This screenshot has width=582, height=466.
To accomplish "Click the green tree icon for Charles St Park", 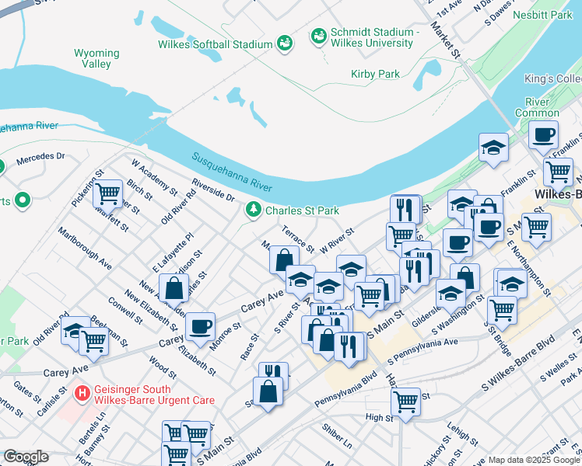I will [254, 210].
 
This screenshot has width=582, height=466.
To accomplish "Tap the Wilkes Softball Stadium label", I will [216, 44].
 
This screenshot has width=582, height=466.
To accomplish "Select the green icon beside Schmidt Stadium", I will [318, 37].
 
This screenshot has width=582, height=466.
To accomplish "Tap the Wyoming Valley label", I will [96, 59].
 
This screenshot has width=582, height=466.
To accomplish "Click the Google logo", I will [26, 457].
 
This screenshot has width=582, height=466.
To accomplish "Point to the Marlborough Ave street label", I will [84, 249].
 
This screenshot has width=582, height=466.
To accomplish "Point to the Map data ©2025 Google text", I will [534, 460].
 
